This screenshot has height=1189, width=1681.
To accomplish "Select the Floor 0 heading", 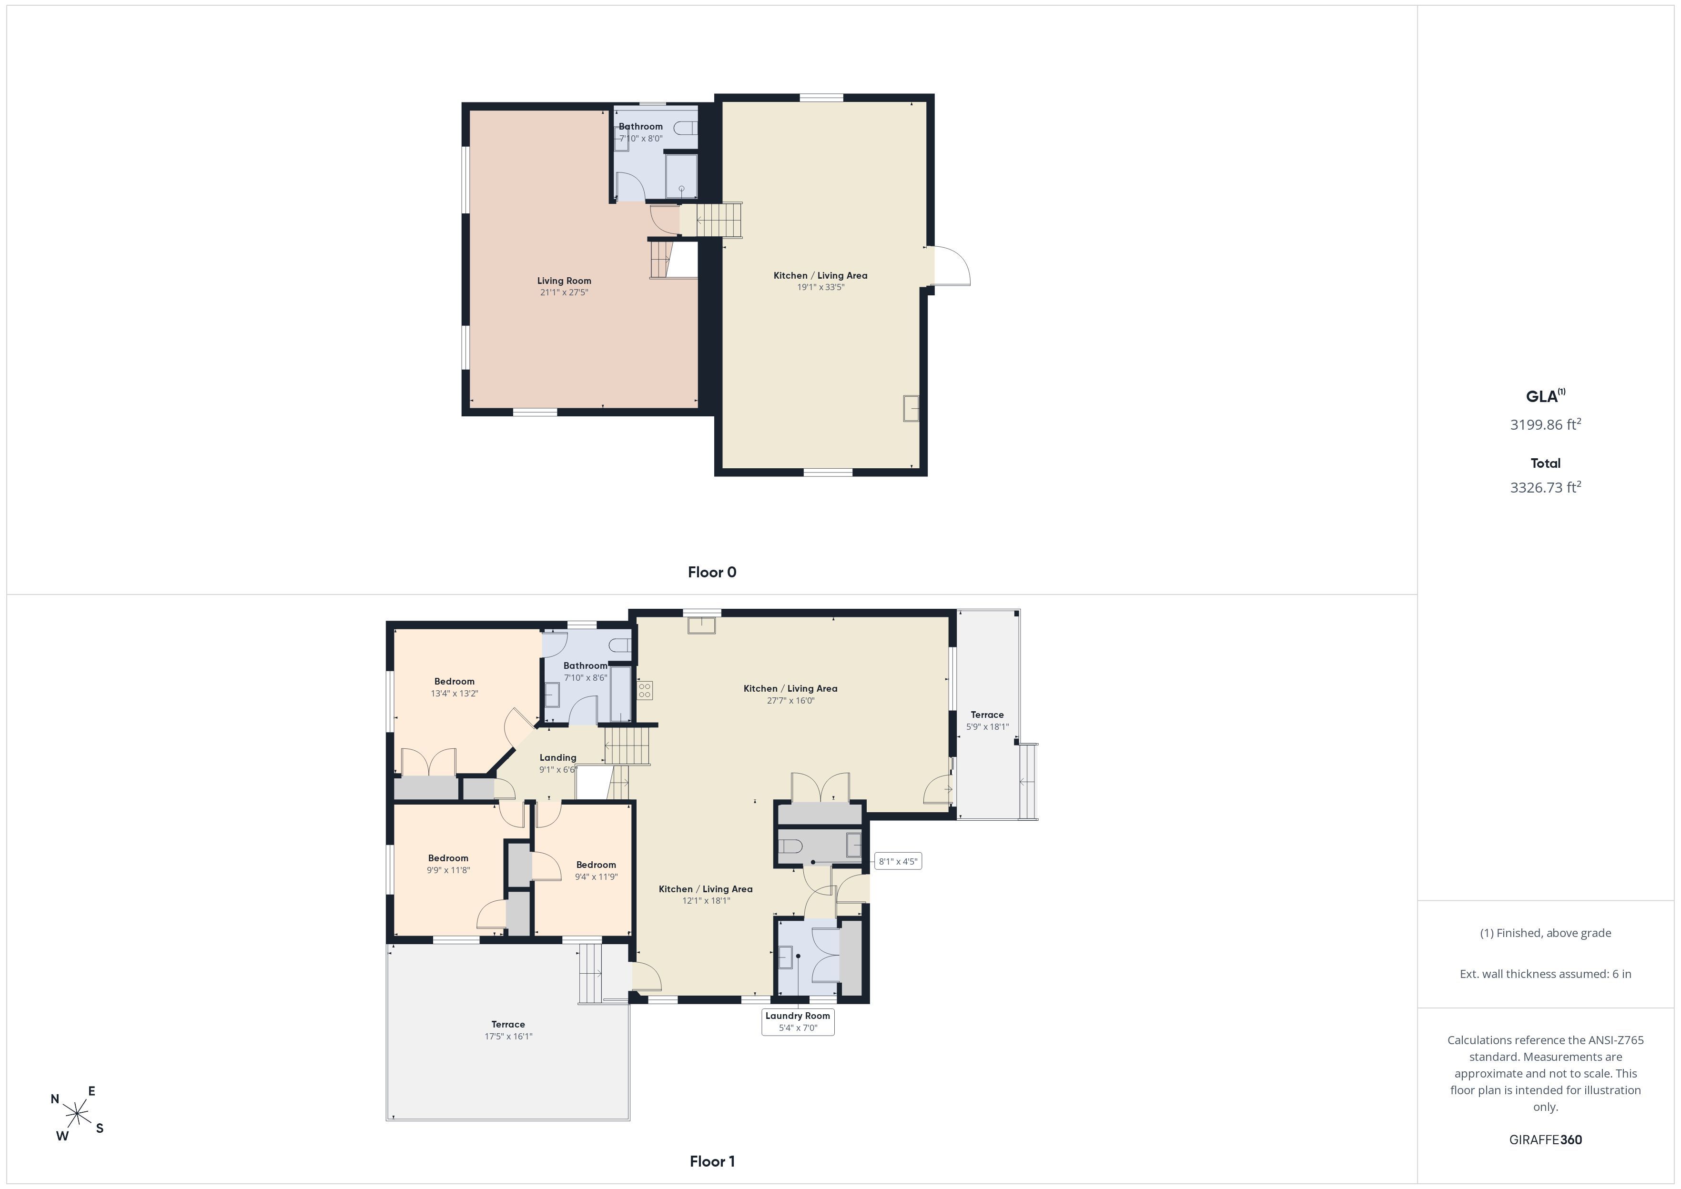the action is tap(712, 573).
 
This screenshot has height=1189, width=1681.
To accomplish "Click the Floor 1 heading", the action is tap(712, 1161).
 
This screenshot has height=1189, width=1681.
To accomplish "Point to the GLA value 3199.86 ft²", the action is tap(1546, 424).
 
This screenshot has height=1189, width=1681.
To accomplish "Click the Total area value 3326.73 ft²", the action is tap(1546, 487).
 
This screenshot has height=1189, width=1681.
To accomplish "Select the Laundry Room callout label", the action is tap(798, 1021).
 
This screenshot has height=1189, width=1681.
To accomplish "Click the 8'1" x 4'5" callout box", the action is tap(898, 861).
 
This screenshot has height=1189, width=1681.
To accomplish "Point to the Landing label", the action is tap(558, 758).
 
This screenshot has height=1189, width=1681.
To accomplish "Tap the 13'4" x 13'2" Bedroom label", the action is tap(454, 687).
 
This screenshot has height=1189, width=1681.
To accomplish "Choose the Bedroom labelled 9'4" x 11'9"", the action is tap(596, 870).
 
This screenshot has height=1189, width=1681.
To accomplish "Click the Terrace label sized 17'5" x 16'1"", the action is tap(508, 1030).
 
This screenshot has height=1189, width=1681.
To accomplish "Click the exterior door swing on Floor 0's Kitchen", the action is tap(952, 265).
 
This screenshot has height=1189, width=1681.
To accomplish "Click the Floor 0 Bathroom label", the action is tap(641, 127).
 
